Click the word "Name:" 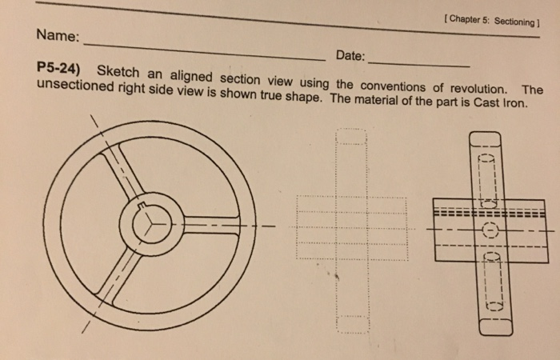coord(58,36)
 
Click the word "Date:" coord(350,56)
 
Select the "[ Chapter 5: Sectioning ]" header coord(490,19)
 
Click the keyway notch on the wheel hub coord(145,210)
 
